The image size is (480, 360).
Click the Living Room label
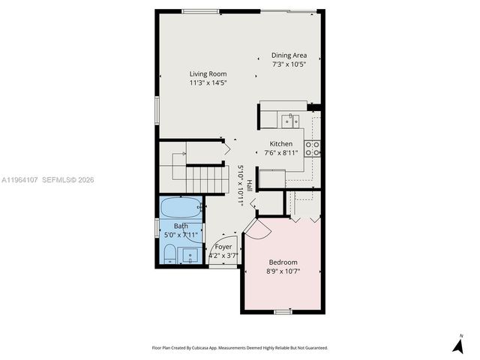[x=208, y=73]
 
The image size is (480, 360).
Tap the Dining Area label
[x=289, y=55]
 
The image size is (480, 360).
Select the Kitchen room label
[x=281, y=143]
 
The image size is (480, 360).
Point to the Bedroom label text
[x=282, y=262]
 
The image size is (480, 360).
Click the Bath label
[x=181, y=226]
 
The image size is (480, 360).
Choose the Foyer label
[x=223, y=246]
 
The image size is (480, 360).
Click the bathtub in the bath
[x=181, y=206]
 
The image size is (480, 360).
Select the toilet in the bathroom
[x=169, y=253]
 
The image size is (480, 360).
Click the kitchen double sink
[x=289, y=120]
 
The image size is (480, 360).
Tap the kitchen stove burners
[x=312, y=148]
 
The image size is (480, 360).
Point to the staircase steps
[x=205, y=180]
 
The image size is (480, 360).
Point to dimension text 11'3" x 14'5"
[x=208, y=82]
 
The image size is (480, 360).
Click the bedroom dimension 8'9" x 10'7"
[x=282, y=271]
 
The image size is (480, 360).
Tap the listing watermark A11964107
[x=19, y=180]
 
